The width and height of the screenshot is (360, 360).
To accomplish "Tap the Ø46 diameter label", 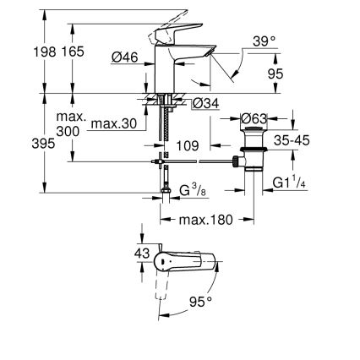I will tap(126, 57).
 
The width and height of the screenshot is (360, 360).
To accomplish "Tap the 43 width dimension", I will tap(142, 253).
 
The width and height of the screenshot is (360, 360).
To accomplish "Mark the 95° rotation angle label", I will tap(199, 301).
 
